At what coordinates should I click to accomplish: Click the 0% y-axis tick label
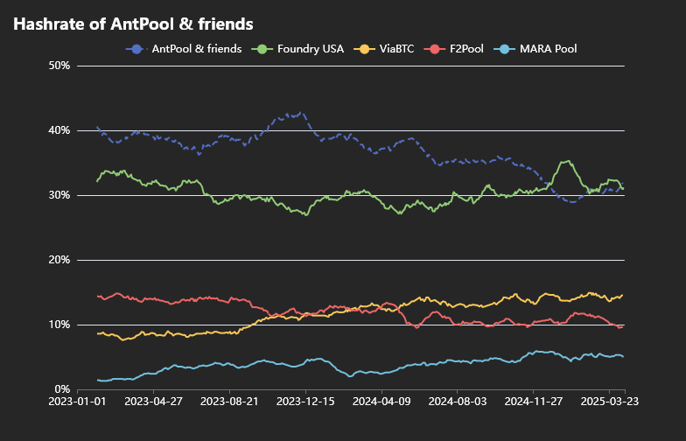tap(61, 389)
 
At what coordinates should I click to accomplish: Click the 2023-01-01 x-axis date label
tap(79, 402)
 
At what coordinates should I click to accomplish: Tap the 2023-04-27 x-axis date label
tap(154, 402)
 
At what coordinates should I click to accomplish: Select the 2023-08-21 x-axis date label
tap(229, 402)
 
